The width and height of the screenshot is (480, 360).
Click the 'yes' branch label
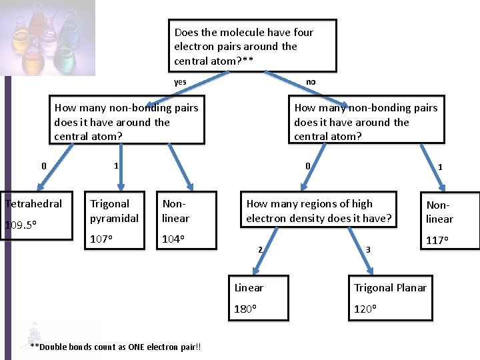tap(180, 82)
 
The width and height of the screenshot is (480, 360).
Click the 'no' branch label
tap(311, 82)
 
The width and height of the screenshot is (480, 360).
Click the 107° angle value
tap(103, 239)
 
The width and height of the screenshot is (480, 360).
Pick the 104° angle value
tap(173, 239)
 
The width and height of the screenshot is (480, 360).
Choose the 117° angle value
tap(438, 240)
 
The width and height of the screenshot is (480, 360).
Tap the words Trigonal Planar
tap(390, 288)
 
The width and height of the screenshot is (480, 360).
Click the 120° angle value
tap(365, 309)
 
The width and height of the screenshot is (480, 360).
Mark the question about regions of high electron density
tap(319, 211)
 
